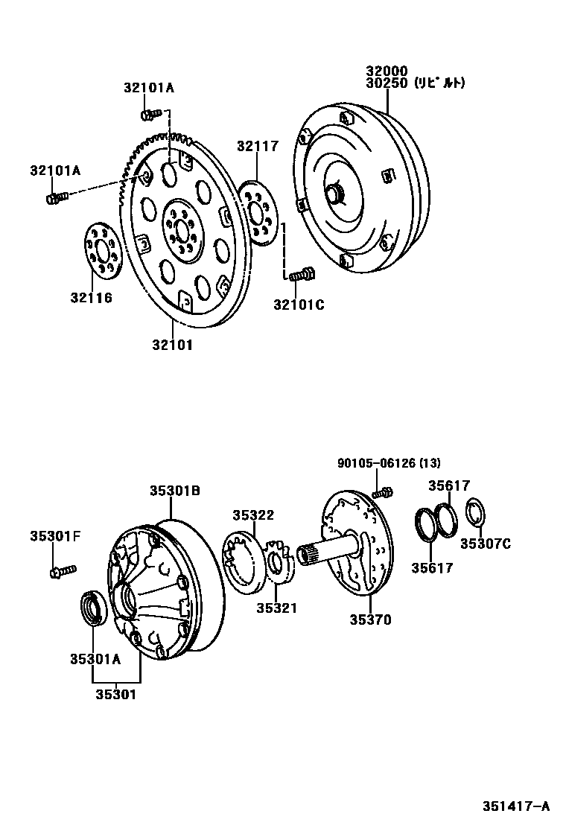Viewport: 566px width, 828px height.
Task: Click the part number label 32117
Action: point(258,146)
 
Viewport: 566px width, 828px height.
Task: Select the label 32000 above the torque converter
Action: point(386,71)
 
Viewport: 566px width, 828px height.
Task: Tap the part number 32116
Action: point(92,298)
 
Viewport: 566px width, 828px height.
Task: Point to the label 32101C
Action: point(299,304)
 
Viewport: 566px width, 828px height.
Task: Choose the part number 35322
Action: point(252,515)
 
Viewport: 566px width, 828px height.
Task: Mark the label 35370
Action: point(370,620)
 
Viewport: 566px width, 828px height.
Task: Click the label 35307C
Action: point(485,544)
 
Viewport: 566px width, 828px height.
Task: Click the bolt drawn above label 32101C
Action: point(301,276)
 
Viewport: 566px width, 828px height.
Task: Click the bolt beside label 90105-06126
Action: point(383,491)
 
